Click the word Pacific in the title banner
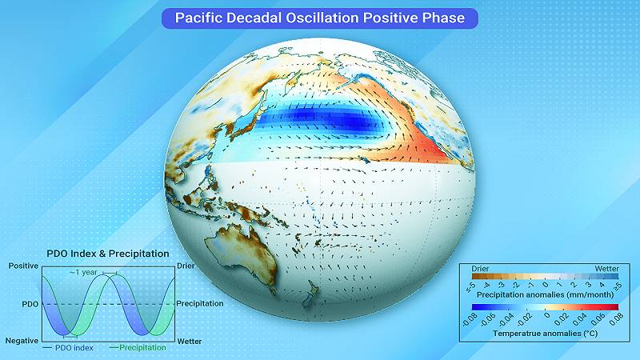201,18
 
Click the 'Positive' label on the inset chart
23,266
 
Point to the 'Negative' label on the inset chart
22,341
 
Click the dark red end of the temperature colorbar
614,306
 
